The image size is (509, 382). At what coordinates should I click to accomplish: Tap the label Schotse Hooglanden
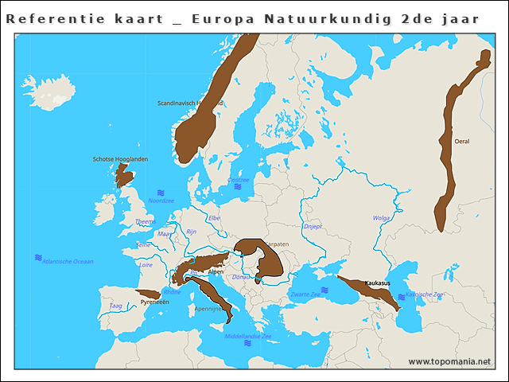(x=120, y=159)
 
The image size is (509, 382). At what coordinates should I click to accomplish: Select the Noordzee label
(x=161, y=201)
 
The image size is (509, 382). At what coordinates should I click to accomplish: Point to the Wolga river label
(x=382, y=217)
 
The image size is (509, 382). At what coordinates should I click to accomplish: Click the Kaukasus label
(x=377, y=283)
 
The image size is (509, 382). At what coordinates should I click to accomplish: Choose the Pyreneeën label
(x=154, y=302)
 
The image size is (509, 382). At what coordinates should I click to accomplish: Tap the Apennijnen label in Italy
(x=208, y=309)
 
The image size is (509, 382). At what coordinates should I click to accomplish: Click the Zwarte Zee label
(x=305, y=294)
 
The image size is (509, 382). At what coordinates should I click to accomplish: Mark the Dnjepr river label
(x=313, y=227)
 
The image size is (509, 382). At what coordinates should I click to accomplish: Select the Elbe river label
(x=214, y=217)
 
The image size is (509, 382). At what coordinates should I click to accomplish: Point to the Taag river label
(x=115, y=306)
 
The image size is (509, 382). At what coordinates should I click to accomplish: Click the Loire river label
(x=146, y=264)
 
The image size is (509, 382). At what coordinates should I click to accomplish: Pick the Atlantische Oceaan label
(x=68, y=261)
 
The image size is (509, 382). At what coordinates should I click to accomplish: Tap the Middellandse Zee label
(x=248, y=337)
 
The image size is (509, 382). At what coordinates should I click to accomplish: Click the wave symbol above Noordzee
(x=161, y=193)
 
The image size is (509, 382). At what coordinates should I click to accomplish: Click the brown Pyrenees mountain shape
(x=151, y=294)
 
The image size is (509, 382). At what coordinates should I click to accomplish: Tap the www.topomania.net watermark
(x=449, y=362)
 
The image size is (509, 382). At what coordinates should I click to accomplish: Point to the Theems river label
(x=145, y=222)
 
